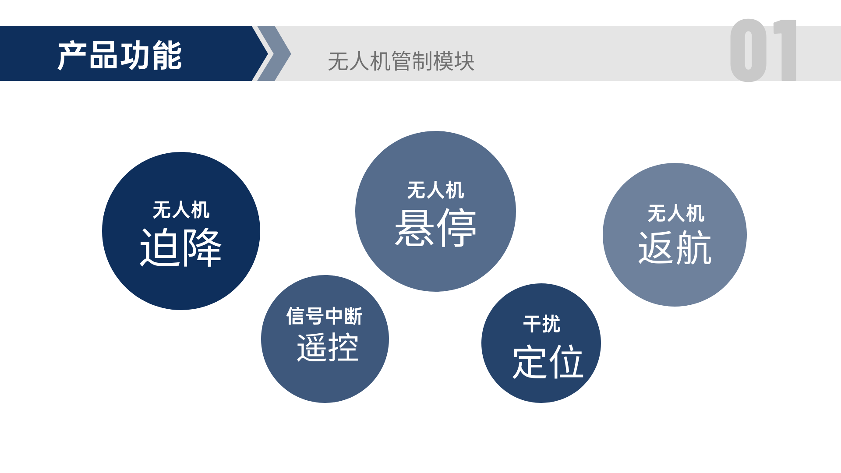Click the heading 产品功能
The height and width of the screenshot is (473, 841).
tap(120, 56)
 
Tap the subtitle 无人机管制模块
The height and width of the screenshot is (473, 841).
tap(401, 61)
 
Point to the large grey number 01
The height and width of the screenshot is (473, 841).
tap(763, 50)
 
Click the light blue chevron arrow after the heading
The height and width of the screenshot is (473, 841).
tap(274, 53)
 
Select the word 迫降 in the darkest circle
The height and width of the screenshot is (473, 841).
tap(181, 247)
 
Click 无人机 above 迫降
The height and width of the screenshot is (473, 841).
tap(181, 210)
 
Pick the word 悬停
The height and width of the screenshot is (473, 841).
tap(435, 228)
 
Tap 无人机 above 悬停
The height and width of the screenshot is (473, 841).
tap(435, 190)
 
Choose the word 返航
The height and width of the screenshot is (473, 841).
tap(675, 248)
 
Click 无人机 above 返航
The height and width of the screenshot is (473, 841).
tap(676, 213)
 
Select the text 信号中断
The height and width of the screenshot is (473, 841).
tap(325, 316)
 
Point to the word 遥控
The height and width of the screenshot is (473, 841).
tap(328, 347)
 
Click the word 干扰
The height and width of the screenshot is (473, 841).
tap(541, 324)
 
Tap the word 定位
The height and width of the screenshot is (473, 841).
tap(548, 362)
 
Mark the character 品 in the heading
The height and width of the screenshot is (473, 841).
tap(103, 56)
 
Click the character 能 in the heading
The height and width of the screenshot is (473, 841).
tap(167, 56)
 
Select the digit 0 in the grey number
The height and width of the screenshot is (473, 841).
tap(749, 50)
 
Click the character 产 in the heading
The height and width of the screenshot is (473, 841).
tap(72, 56)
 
